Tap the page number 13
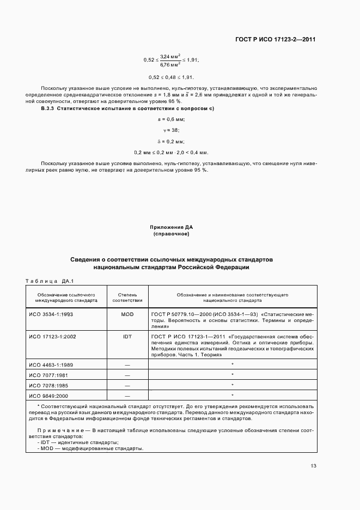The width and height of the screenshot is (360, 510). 313,466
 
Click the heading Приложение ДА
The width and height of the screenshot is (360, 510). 172,226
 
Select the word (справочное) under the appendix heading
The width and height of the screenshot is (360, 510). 172,234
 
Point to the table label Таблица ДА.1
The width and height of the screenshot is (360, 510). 49,281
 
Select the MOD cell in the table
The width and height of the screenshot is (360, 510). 127,314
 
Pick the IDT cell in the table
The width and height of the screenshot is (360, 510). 127,337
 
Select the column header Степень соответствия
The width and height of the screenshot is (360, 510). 127,297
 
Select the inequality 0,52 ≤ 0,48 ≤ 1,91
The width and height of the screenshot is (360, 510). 172,77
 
